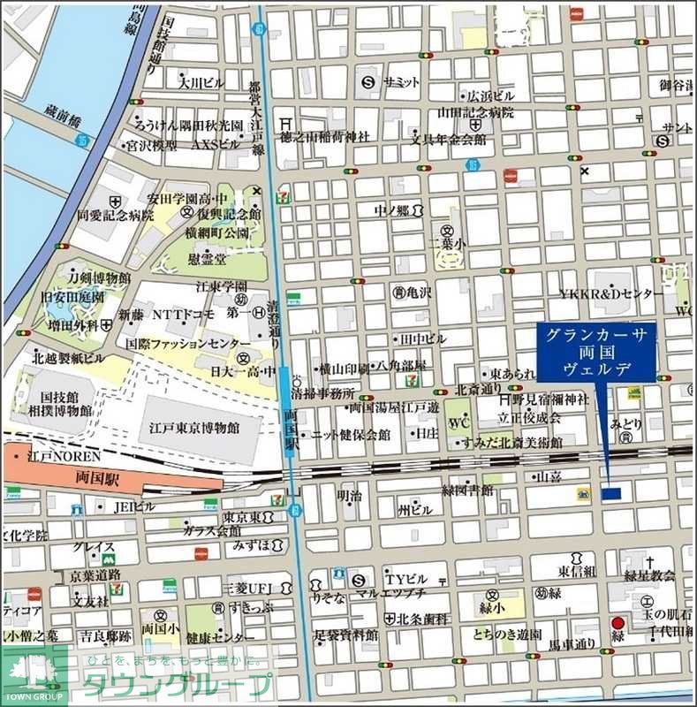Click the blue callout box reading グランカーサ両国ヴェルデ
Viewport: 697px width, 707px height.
(595, 352)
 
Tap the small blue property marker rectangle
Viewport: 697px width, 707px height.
(611, 493)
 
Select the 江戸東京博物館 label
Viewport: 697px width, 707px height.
(200, 426)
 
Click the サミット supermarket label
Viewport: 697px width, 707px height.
(401, 81)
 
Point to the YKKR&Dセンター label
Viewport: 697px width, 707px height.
(610, 293)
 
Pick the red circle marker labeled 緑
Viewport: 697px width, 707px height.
(618, 624)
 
